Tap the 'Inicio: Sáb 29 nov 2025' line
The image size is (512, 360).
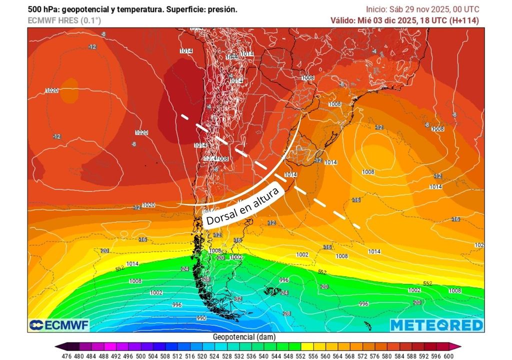[x=405, y=9]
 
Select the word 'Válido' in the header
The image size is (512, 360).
[x=342, y=20]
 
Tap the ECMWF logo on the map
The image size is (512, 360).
[x=59, y=325]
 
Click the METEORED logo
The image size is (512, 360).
[x=436, y=325]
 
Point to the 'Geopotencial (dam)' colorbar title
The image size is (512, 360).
[x=243, y=337]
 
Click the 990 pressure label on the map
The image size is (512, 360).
[x=201, y=318]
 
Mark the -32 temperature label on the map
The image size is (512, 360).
[x=238, y=299]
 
